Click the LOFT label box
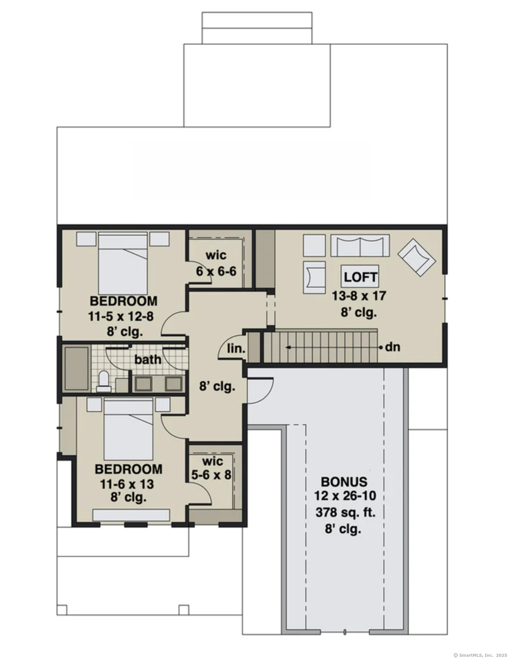(x=359, y=277)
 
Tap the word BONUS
(x=344, y=482)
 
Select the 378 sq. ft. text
(x=345, y=512)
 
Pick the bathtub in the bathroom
(x=77, y=368)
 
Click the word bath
(x=148, y=359)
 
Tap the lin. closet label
(x=236, y=349)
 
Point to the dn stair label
(x=392, y=347)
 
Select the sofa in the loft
(x=360, y=245)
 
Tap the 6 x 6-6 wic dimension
(x=216, y=272)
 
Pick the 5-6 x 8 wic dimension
(x=212, y=475)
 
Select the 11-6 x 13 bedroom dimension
(x=127, y=484)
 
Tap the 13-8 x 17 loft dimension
(x=358, y=296)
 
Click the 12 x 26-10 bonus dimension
(x=345, y=496)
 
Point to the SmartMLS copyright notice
(x=480, y=655)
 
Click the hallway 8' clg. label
(x=217, y=386)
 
